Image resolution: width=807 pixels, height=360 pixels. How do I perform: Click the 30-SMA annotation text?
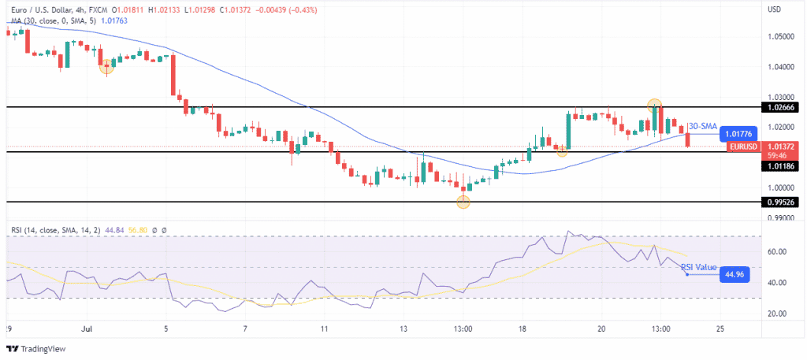pos(702,126)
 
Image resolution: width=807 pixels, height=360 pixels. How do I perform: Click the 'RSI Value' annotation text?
pos(699,267)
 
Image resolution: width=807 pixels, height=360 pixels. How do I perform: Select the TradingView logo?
pos(36,348)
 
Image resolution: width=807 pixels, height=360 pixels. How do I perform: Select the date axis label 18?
pos(522,327)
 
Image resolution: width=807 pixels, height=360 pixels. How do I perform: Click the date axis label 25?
pos(720,327)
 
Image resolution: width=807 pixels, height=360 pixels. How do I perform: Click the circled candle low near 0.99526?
pos(463,202)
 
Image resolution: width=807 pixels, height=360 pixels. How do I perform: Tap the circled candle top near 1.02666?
pos(654,104)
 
